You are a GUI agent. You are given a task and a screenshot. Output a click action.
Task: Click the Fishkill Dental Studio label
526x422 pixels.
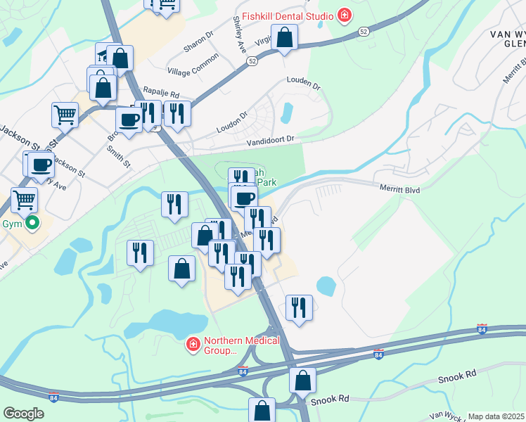pyautogui.click(x=288, y=15)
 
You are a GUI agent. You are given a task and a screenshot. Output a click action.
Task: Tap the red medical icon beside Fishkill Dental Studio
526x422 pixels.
pyautogui.click(x=344, y=14)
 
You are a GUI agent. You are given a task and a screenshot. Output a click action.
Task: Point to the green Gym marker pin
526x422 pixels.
pyautogui.click(x=31, y=224)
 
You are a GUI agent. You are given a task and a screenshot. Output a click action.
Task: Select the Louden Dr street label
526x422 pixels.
pyautogui.click(x=303, y=85)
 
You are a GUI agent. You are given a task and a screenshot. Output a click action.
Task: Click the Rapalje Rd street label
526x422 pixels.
pyautogui.click(x=161, y=92)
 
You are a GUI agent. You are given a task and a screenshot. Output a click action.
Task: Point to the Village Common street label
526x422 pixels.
pyautogui.click(x=193, y=68)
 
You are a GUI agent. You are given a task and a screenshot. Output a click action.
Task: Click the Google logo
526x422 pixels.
pyautogui.click(x=23, y=414)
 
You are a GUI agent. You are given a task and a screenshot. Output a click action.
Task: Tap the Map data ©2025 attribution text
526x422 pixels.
pyautogui.click(x=496, y=416)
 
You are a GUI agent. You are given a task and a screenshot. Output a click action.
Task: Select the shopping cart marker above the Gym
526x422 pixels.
pyautogui.click(x=25, y=200)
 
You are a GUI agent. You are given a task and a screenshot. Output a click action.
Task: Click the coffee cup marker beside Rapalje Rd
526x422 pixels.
pyautogui.click(x=128, y=118)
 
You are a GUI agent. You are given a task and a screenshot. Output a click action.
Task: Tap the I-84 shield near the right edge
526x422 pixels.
pyautogui.click(x=481, y=329)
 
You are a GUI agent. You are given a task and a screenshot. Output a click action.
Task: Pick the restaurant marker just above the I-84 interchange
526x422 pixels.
pyautogui.click(x=299, y=307)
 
